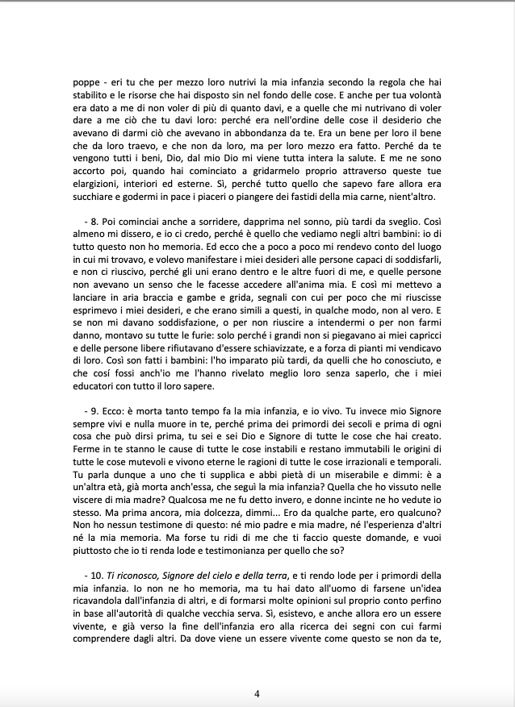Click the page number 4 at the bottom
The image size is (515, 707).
click(257, 693)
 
